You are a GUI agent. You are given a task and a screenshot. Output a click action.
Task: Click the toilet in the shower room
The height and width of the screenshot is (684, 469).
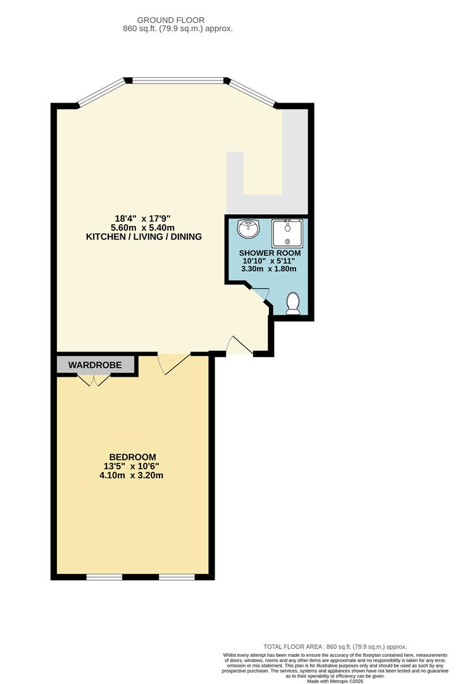click(293, 304)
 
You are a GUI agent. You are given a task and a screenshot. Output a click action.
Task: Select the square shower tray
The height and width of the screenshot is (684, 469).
click(287, 232)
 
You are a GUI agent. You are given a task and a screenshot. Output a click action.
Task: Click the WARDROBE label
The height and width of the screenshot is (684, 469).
click(95, 365)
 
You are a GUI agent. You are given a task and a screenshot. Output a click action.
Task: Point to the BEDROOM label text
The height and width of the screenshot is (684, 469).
click(132, 457)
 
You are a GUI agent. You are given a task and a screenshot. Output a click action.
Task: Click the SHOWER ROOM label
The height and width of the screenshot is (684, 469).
click(268, 253)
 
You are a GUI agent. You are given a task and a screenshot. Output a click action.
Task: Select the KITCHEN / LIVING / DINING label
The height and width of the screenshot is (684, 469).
click(143, 237)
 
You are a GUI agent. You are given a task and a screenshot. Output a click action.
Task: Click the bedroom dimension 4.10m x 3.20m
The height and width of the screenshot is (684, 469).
click(132, 476)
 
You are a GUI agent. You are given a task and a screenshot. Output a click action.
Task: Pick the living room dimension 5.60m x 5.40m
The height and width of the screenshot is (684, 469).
click(143, 227)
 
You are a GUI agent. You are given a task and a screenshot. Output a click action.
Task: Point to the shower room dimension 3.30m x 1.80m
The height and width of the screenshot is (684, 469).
click(268, 269)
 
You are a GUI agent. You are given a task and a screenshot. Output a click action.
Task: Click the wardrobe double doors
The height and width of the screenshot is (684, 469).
click(94, 379)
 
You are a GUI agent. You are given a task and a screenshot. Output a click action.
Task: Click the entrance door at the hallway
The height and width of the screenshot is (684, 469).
click(240, 345)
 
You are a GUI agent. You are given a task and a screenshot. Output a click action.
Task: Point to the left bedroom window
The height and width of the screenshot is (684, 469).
click(104, 576)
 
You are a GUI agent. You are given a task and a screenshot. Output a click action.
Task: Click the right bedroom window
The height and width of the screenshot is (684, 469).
click(177, 576)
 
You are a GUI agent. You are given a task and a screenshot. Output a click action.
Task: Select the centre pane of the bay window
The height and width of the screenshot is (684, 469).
click(177, 80)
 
